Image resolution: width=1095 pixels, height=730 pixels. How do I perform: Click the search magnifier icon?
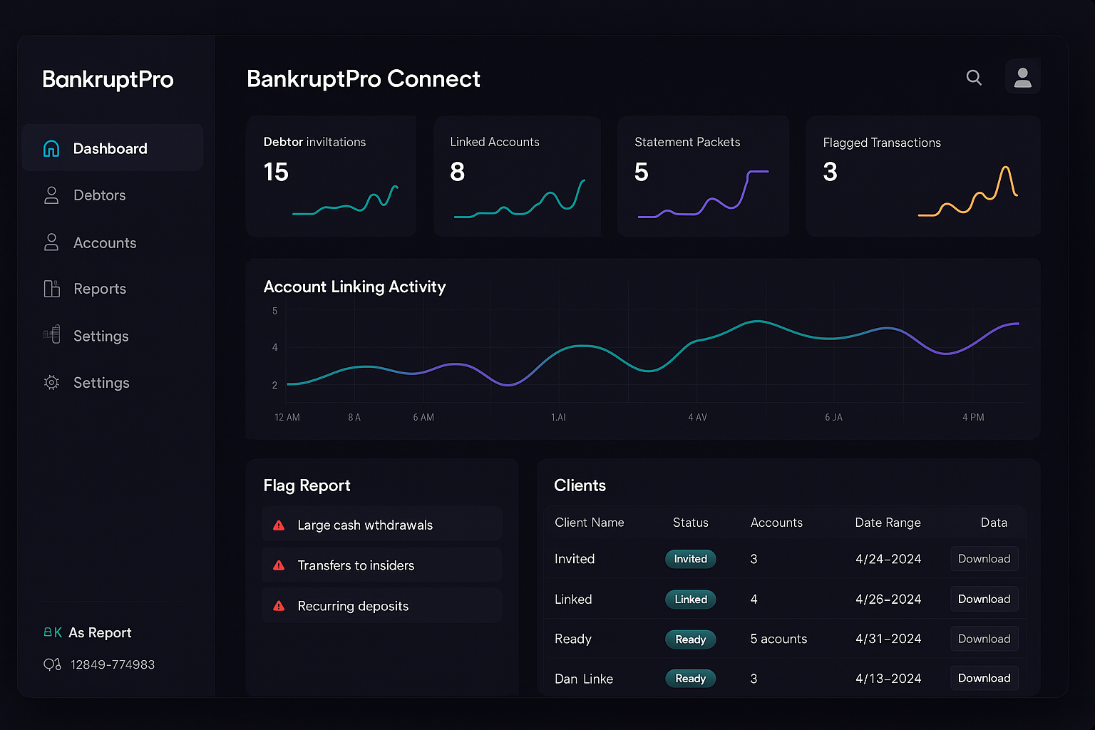pyautogui.click(x=974, y=78)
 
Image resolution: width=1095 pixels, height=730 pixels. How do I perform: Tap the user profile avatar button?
pyautogui.click(x=1022, y=77)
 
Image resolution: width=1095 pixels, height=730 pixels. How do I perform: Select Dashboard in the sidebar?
pyautogui.click(x=110, y=148)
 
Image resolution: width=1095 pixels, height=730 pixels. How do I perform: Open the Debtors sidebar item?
pyautogui.click(x=99, y=195)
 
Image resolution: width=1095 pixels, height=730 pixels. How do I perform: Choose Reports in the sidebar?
pyautogui.click(x=99, y=289)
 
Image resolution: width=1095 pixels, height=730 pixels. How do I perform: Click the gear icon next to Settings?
pyautogui.click(x=51, y=383)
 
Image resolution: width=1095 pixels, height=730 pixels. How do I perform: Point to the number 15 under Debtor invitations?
pyautogui.click(x=276, y=172)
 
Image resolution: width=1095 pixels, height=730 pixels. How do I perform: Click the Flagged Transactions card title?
pyautogui.click(x=881, y=143)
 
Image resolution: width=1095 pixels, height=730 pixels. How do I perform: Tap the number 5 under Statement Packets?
pyautogui.click(x=641, y=172)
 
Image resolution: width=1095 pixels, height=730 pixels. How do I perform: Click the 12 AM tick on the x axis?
pyautogui.click(x=287, y=417)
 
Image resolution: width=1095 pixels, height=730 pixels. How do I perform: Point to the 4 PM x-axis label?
pyautogui.click(x=972, y=417)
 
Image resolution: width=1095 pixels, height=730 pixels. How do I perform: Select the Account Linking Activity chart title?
pyautogui.click(x=354, y=287)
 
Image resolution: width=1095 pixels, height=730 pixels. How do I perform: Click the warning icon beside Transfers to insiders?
pyautogui.click(x=279, y=565)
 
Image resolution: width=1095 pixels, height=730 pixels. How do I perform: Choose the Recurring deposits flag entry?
pyautogui.click(x=353, y=606)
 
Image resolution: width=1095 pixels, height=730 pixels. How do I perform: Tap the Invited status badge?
pyautogui.click(x=690, y=559)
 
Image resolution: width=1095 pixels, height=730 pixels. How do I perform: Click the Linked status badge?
pyautogui.click(x=690, y=600)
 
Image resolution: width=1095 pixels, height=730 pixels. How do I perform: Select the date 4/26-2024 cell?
pyautogui.click(x=888, y=600)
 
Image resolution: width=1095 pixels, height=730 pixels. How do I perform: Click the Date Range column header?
pyautogui.click(x=888, y=523)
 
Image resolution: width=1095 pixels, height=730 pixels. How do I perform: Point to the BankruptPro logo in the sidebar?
pyautogui.click(x=108, y=79)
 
